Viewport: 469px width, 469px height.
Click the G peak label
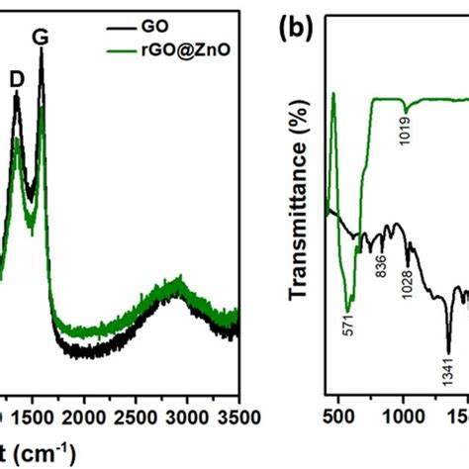pyautogui.click(x=41, y=38)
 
